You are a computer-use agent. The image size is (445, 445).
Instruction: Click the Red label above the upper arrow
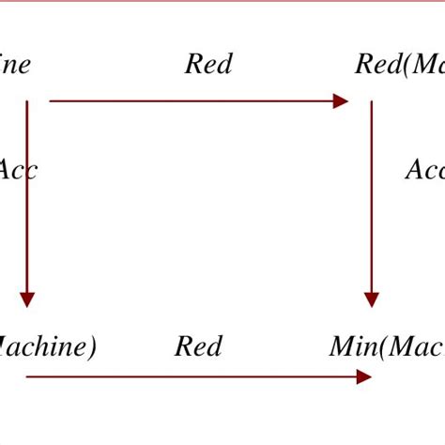click(208, 65)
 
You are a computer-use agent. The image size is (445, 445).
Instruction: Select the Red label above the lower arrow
click(198, 347)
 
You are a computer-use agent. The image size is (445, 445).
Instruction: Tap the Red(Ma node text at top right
click(399, 65)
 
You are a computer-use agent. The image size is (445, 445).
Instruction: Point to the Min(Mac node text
click(386, 347)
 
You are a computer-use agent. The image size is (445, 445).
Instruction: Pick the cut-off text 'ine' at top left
click(16, 65)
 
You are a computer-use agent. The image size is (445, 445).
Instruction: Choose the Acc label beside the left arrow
click(17, 170)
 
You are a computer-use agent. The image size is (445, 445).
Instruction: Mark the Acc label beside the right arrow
click(424, 170)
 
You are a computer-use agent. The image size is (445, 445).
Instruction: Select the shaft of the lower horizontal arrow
click(188, 376)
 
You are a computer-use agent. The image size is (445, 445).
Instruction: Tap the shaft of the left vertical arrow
click(27, 197)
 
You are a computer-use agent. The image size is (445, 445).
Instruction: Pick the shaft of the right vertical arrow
click(372, 197)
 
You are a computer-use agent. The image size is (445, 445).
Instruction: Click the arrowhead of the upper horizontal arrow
click(341, 101)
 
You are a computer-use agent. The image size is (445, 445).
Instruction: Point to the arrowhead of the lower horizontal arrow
click(364, 376)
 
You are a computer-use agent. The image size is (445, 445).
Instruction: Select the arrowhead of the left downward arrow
click(27, 299)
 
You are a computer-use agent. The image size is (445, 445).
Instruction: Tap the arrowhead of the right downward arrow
click(372, 299)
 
